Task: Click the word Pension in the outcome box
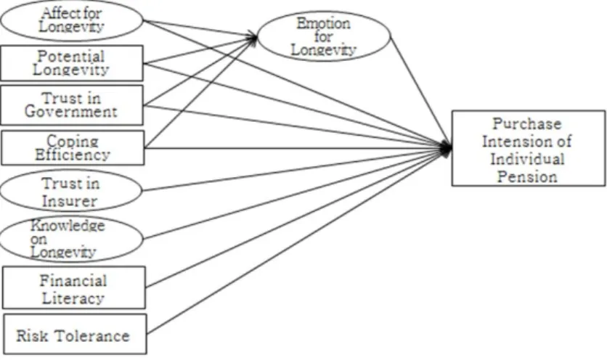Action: [527, 176]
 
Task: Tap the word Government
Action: [71, 112]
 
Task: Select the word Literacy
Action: [73, 298]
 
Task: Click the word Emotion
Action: [324, 23]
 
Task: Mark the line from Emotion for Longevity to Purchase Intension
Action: [421, 91]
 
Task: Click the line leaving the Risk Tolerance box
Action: [299, 241]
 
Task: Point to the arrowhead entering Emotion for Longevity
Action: [253, 37]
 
